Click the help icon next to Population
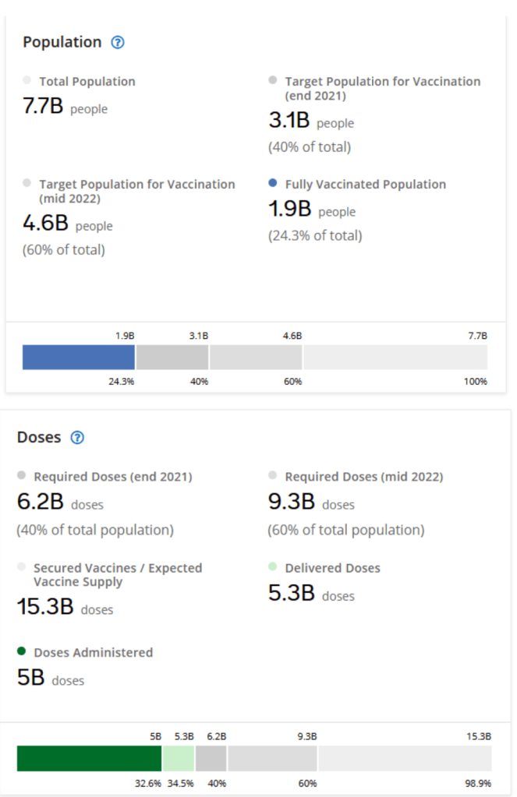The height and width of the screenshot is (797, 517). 118,42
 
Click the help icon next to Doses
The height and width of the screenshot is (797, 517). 77,437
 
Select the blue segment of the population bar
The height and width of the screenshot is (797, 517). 79,357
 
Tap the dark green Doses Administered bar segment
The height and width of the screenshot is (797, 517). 89,758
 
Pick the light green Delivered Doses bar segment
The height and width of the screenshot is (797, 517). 179,758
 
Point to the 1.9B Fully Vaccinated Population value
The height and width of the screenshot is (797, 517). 290,210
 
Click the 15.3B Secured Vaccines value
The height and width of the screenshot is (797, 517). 45,608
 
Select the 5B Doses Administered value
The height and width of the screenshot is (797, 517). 31,678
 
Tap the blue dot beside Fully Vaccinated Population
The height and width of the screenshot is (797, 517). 272,184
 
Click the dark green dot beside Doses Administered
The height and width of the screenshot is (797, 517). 21,651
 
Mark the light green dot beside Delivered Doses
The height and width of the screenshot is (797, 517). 272,567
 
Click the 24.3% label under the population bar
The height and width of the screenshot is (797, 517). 122,382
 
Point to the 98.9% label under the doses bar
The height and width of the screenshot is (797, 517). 479,783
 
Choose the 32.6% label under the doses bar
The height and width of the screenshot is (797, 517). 148,783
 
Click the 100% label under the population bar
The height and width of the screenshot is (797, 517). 475,382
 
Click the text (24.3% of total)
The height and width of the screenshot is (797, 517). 315,235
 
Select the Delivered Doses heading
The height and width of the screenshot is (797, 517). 332,568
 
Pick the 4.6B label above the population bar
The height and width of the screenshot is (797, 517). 292,335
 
